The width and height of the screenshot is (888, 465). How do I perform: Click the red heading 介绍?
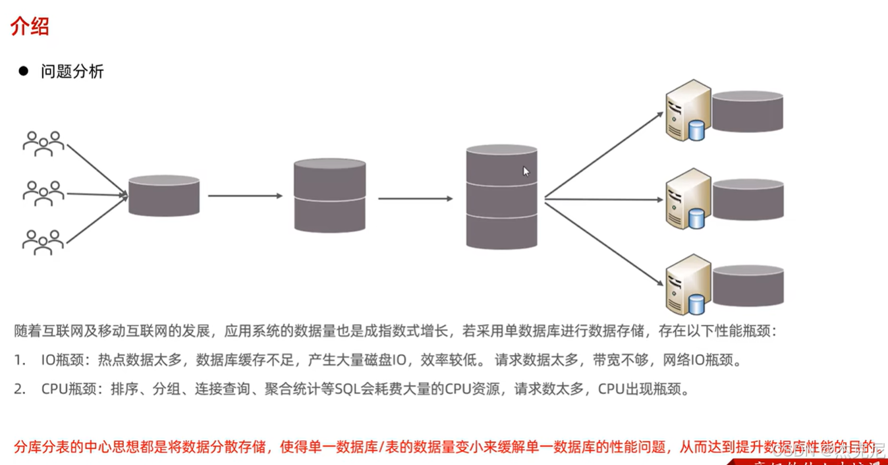30,27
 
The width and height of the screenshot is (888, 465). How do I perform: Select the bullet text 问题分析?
72,72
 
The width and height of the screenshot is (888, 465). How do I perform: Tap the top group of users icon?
43,143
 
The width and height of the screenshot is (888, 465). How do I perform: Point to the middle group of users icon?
43,193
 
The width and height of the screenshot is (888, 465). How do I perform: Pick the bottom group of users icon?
43,242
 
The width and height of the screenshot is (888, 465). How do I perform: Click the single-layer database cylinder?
164,196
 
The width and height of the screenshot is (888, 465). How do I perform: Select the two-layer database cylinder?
329,195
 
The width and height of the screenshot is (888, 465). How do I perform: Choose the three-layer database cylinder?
501,196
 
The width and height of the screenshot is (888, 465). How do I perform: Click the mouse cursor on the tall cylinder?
526,171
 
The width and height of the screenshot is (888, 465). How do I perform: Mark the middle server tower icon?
688,198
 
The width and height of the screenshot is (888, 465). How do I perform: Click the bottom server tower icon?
688,284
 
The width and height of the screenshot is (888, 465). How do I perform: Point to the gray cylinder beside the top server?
748,111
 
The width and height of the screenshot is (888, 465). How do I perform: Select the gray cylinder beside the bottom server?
748,285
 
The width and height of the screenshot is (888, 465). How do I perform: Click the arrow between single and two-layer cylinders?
245,196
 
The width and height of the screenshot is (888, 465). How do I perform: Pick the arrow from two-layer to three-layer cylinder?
415,198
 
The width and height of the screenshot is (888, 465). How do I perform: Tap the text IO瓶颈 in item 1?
63,360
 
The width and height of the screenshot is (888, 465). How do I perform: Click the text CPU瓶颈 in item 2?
67,389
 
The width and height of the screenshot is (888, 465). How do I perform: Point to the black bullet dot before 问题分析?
24,71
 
